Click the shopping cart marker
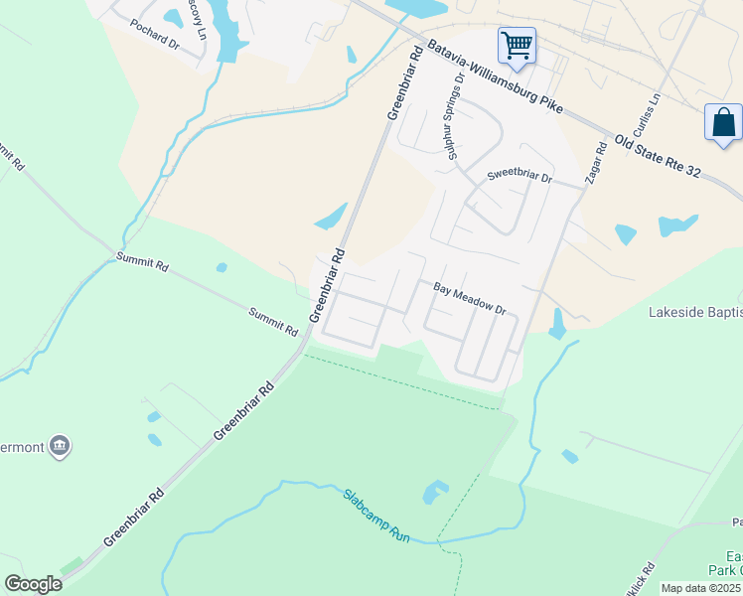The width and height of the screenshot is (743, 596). pos(517,46)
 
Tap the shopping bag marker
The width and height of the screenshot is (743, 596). pos(723,123)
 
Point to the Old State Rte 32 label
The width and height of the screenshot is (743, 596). pos(658,157)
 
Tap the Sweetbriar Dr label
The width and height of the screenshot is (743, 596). pos(520,176)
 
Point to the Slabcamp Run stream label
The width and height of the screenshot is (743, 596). pos(377,515)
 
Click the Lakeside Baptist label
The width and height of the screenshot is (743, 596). pos(695,314)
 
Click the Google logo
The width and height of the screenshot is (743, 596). pos(34,584)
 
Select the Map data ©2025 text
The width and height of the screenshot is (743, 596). pos(701,588)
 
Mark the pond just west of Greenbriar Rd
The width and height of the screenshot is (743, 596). pos(331,217)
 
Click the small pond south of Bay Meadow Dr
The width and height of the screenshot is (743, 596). pos(557,323)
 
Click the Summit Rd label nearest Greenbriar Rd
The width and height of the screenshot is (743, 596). pos(273,320)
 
